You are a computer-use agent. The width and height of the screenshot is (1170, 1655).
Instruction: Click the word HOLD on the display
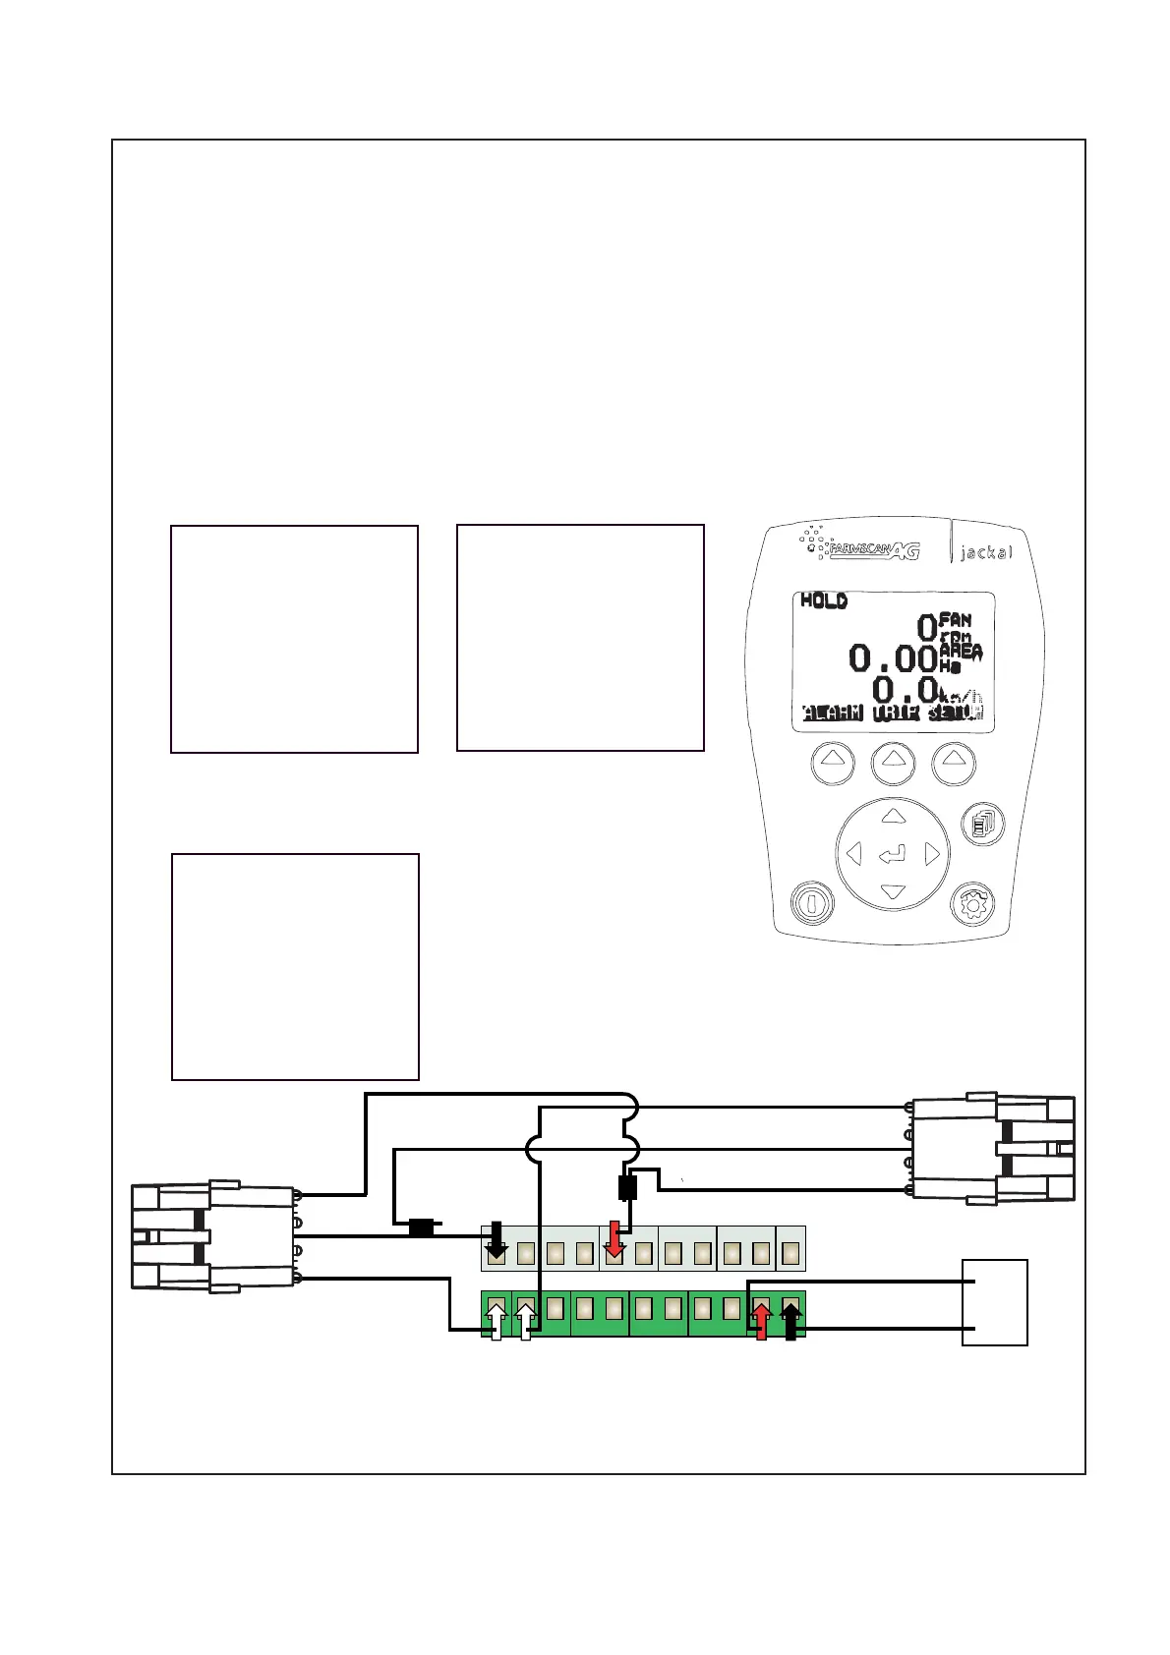click(824, 600)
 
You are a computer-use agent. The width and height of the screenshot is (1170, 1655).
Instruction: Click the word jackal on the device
click(984, 553)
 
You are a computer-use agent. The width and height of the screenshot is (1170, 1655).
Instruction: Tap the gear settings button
click(973, 904)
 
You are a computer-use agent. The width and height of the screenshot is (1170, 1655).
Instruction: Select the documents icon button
click(982, 824)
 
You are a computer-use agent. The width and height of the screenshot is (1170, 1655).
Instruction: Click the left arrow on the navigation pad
click(853, 854)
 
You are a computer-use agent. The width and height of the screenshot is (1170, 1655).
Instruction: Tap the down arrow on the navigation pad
click(893, 892)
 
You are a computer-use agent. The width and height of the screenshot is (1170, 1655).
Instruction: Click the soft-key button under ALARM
click(833, 763)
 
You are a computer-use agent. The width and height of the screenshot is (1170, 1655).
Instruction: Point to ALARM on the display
click(833, 713)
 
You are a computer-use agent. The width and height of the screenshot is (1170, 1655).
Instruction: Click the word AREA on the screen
click(961, 652)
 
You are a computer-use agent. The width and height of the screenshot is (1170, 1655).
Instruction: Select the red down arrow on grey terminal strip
click(614, 1240)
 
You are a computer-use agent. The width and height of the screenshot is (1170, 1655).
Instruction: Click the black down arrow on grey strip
click(497, 1240)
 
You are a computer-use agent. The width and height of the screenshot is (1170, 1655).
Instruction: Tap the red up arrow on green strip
click(761, 1322)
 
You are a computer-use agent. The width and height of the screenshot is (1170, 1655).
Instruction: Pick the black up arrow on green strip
click(790, 1322)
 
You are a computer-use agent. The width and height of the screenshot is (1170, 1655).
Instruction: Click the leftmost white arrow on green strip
click(497, 1322)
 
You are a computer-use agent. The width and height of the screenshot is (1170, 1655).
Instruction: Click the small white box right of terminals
click(995, 1302)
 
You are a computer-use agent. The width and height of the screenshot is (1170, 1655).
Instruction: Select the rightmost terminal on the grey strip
click(790, 1252)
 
